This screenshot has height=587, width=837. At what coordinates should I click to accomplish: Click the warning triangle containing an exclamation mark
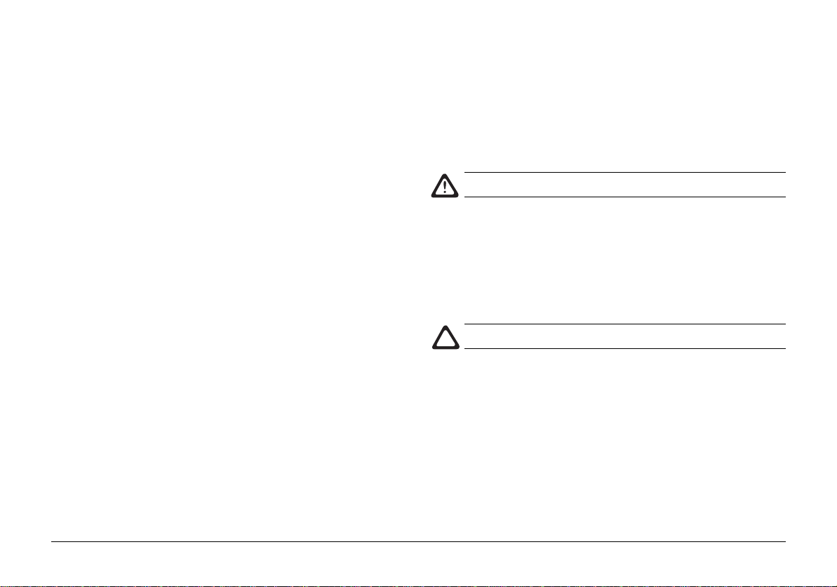point(443,185)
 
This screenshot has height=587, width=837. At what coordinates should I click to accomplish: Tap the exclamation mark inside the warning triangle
point(443,187)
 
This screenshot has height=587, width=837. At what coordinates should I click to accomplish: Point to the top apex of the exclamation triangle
point(443,173)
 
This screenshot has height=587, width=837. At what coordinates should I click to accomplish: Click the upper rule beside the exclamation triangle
point(624,173)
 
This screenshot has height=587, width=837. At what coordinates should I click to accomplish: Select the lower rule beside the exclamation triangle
point(624,197)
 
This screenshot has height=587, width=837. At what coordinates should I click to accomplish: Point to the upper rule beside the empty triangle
point(624,324)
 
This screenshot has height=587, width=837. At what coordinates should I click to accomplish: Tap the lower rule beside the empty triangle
point(624,348)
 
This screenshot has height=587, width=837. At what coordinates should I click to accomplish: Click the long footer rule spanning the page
point(419,541)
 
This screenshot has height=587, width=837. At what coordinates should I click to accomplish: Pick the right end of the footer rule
point(784,541)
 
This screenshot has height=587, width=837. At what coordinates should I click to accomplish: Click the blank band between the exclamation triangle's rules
point(624,185)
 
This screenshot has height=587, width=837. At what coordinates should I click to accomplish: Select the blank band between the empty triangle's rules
point(624,336)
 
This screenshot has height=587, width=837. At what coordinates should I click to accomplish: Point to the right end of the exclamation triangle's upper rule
point(784,173)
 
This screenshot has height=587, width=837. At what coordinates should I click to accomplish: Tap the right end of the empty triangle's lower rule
point(784,348)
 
